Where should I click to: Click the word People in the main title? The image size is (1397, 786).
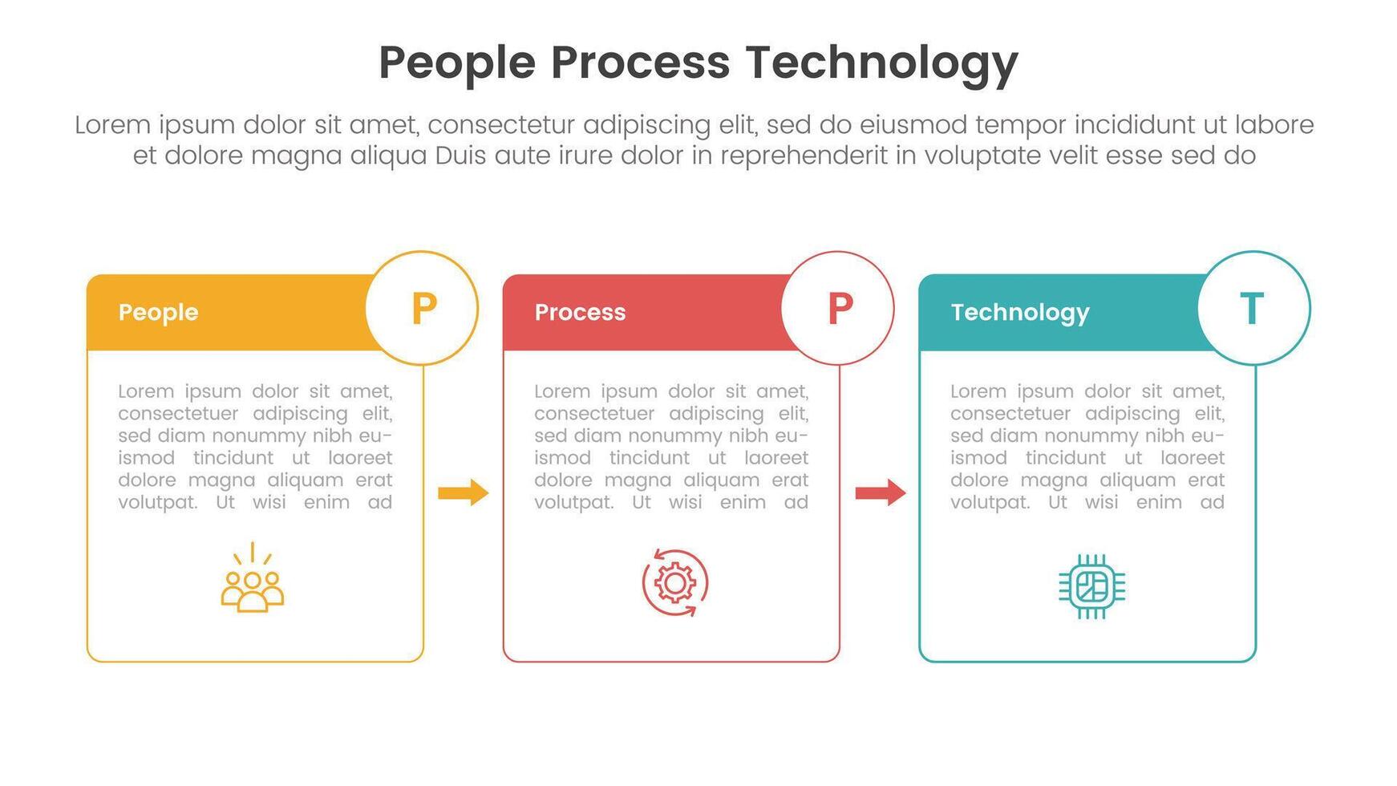456,63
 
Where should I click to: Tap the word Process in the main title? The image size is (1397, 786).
640,63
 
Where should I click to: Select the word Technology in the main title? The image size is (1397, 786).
881,63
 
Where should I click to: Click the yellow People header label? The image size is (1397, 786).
158,312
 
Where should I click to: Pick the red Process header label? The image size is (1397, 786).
580,312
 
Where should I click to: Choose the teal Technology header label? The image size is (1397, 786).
1019,312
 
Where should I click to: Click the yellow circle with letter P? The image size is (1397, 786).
423,308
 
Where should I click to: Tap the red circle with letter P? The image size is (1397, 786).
838,308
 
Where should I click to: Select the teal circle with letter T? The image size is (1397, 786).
1253,308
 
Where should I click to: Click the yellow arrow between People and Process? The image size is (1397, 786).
464,492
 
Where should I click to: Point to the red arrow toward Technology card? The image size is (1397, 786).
880,492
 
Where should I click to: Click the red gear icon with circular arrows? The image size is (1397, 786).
674,583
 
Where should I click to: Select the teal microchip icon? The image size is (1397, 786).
1091,586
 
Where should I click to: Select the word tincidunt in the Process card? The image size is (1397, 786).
649,458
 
